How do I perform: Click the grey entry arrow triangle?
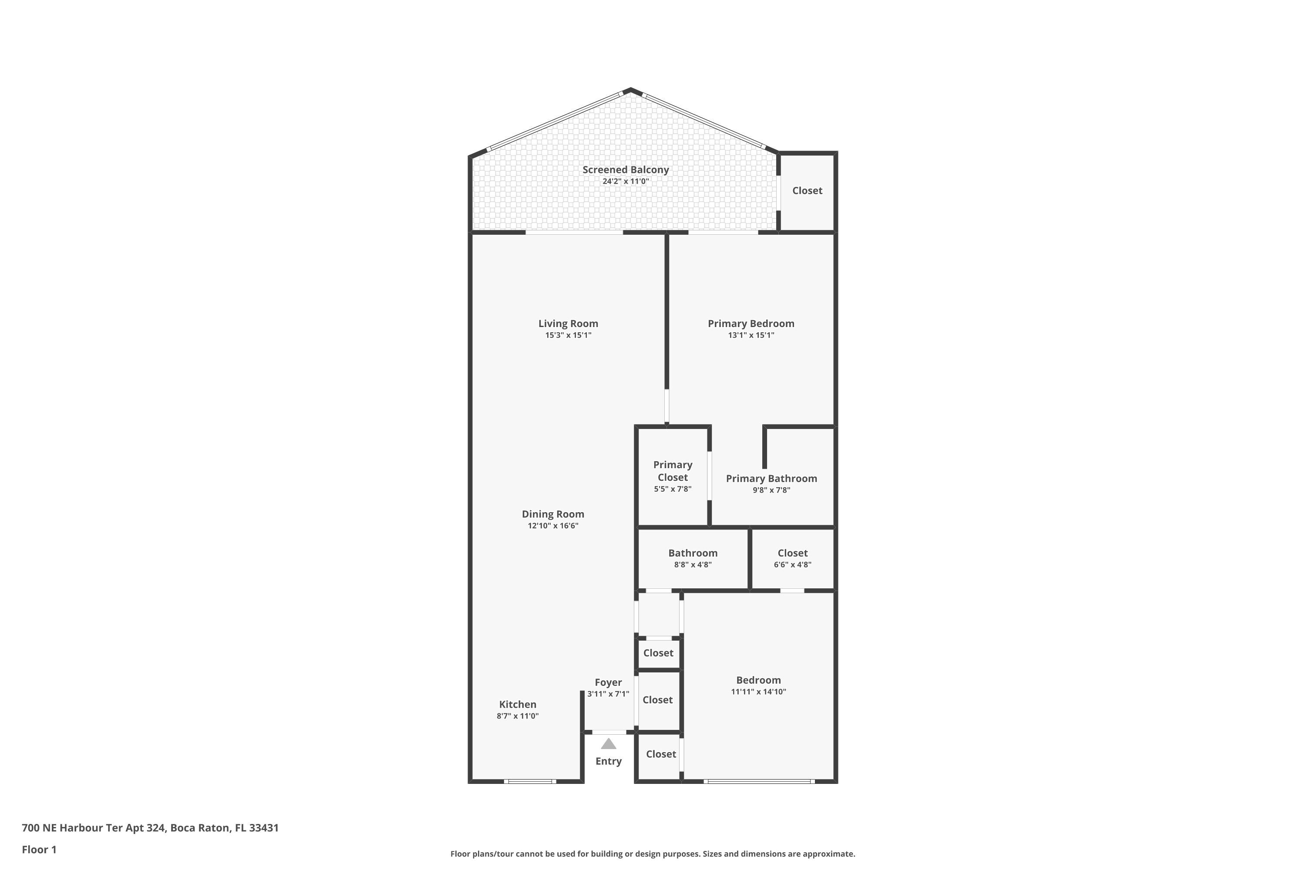pos(609,744)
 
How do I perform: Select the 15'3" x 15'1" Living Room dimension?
pos(568,335)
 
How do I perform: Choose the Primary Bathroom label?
pos(771,479)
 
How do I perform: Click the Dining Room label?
pos(552,514)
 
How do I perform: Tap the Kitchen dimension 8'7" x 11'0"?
pos(518,716)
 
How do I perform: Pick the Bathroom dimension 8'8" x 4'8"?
pos(693,565)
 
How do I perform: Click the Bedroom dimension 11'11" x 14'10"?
pos(758,692)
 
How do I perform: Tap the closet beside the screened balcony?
pos(807,191)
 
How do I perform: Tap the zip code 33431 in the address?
pos(264,828)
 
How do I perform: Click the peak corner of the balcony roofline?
pos(630,89)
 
